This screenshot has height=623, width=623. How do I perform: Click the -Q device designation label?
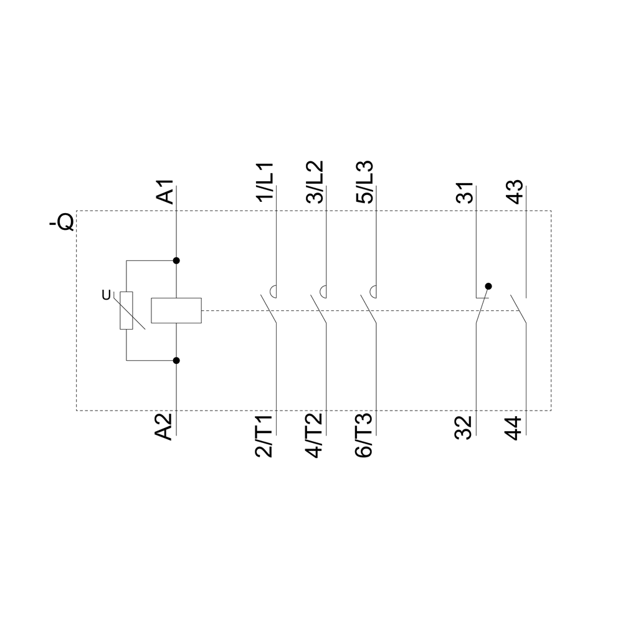point(62,222)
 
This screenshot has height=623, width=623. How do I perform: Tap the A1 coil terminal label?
point(165,191)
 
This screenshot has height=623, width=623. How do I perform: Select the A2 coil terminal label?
point(164,427)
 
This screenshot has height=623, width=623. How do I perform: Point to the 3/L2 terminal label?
point(315,182)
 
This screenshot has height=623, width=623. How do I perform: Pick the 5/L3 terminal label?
point(364,182)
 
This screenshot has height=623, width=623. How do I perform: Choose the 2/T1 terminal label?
point(264,436)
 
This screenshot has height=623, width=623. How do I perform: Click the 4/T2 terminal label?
point(314,436)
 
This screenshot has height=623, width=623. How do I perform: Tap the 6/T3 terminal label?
point(364,436)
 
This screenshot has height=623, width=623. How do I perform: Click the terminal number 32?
point(464,427)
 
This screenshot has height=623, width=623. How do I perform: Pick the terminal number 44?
point(513,428)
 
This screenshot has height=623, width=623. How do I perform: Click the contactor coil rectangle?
point(176,310)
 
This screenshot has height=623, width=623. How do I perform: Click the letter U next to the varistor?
point(106,295)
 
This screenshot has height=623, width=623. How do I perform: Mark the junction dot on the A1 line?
point(176,260)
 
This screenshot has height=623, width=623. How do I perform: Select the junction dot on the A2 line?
point(176,361)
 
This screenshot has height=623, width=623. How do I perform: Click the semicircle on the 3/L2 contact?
point(323,292)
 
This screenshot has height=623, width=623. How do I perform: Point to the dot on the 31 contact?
point(488,286)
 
